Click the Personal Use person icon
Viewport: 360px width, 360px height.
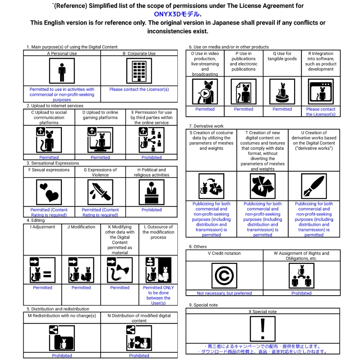click(62, 71)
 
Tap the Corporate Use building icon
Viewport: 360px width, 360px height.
click(139, 71)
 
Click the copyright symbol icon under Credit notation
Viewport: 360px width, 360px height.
click(224, 276)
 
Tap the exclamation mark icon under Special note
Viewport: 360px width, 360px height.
click(263, 329)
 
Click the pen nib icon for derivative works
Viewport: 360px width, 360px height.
click(314, 186)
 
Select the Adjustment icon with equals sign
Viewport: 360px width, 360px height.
click(42, 270)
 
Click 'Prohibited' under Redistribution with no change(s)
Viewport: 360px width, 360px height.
click(62, 356)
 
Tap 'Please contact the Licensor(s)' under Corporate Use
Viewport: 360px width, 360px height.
click(139, 89)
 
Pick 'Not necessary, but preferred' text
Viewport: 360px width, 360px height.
click(224, 293)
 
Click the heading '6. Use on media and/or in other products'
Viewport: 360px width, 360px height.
click(229, 47)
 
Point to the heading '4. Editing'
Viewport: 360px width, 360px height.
click(36, 220)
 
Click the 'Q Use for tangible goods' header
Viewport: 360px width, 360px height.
click(282, 56)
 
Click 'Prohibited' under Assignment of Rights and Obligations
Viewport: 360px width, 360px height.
click(301, 293)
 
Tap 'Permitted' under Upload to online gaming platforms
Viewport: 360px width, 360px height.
click(100, 157)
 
